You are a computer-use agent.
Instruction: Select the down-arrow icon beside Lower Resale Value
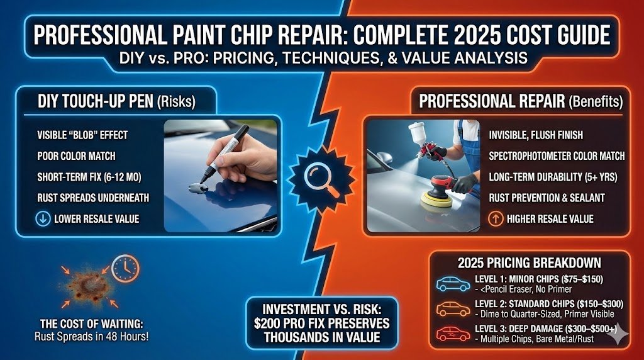point(43,218)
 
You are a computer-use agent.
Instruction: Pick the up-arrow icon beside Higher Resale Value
point(496,218)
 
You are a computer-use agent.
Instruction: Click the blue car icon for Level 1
point(453,284)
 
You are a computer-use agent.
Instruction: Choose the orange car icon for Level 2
point(453,308)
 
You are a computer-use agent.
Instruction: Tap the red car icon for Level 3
point(453,334)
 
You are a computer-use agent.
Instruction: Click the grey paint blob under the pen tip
point(198,188)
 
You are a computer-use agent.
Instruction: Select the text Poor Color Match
point(76,156)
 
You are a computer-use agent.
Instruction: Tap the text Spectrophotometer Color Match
point(557,156)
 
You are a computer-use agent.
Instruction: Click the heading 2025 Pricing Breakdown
point(530,263)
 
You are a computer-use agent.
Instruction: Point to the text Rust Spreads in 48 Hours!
point(92,337)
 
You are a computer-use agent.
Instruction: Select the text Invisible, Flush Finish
point(536,135)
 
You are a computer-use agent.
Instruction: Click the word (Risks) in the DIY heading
point(177,101)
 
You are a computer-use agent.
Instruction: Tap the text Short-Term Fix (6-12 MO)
point(89,177)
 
